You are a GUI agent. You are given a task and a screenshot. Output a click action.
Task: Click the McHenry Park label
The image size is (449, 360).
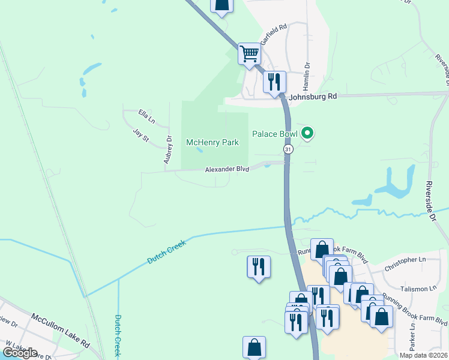click(212, 142)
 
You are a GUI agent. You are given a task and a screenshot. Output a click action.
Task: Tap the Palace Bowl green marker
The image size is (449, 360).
click(307, 133)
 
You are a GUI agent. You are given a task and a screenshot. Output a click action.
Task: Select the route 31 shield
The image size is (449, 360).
click(289, 149)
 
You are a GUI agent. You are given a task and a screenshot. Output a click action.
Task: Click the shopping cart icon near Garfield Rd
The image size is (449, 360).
click(249, 53)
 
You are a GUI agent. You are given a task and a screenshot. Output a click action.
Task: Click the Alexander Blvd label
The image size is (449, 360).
click(227, 170)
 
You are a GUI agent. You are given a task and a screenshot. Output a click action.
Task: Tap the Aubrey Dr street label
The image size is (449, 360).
click(168, 149)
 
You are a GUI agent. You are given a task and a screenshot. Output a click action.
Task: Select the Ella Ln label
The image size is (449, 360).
click(146, 116)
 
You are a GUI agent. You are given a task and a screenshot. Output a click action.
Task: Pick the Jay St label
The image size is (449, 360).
click(140, 133)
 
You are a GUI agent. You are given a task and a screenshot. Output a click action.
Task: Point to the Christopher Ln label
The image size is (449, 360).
click(408, 260)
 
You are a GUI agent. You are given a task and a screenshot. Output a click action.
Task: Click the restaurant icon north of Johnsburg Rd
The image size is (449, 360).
click(274, 81)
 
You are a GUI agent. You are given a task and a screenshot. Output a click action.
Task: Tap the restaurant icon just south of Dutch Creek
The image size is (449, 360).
click(259, 266)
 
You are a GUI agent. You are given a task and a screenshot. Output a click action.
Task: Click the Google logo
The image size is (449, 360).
click(19, 353)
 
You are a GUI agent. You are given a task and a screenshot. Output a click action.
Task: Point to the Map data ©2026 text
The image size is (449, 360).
click(424, 355)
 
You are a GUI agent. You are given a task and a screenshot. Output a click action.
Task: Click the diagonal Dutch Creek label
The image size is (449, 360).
click(167, 251)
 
